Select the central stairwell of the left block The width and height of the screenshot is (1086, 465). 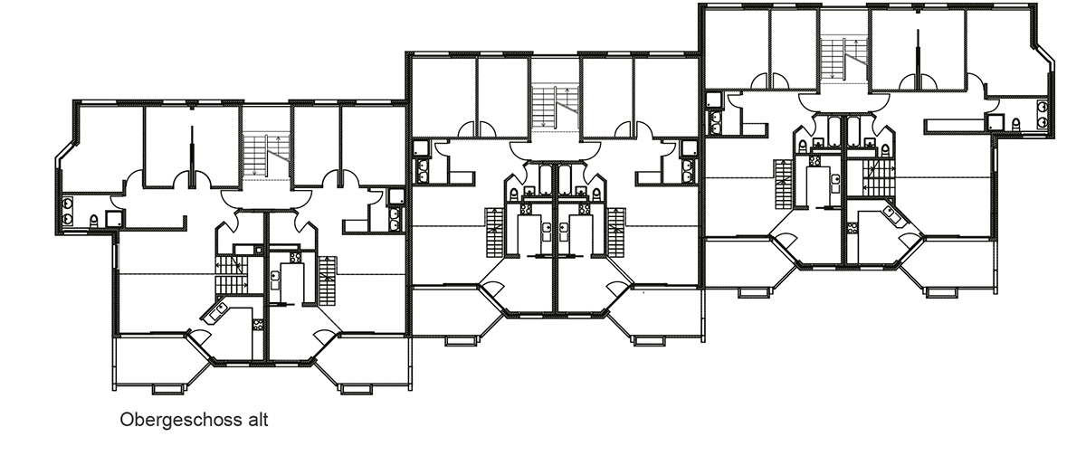pyautogui.click(x=266, y=156)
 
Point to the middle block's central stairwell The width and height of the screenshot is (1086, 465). pyautogui.click(x=555, y=106)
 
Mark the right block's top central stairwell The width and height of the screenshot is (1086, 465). pyautogui.click(x=843, y=58)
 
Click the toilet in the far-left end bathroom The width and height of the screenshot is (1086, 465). pyautogui.click(x=93, y=221)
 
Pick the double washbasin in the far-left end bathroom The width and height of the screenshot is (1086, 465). pyautogui.click(x=67, y=212)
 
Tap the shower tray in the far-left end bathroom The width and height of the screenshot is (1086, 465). pyautogui.click(x=113, y=219)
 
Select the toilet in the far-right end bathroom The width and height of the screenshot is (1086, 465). pyautogui.click(x=1015, y=124)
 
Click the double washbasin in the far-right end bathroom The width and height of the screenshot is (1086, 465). pyautogui.click(x=1043, y=114)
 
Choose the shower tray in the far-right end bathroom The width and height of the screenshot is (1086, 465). pyautogui.click(x=996, y=122)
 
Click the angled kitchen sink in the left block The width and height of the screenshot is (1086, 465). pyautogui.click(x=215, y=312)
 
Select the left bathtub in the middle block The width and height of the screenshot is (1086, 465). pyautogui.click(x=546, y=181)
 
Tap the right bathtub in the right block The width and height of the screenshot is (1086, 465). pyautogui.click(x=853, y=131)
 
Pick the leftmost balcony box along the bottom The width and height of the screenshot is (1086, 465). pyautogui.click(x=169, y=389)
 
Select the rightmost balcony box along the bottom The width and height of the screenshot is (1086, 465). pyautogui.click(x=942, y=292)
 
